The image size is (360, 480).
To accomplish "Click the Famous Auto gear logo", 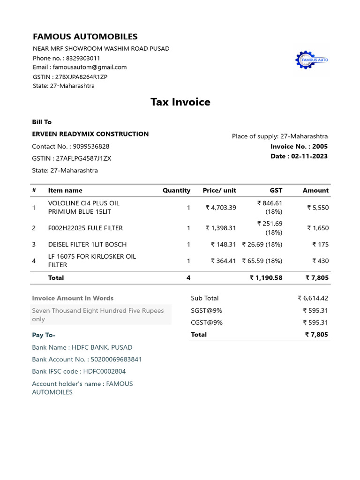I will coord(312,60).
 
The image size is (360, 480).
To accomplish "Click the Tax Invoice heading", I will coord(180,102).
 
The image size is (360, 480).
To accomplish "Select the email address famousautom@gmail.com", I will coord(89,67).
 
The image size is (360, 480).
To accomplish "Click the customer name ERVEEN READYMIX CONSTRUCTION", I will coord(90,134).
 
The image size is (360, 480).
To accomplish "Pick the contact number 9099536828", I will coord(91,146).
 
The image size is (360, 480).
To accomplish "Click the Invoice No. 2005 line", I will coord(299,146).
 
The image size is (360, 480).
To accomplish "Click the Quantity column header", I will coord(176,190).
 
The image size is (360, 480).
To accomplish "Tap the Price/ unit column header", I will coord(219,190).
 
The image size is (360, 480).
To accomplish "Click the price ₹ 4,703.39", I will coord(221,207).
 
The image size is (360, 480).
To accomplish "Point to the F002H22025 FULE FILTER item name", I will coord(85,228).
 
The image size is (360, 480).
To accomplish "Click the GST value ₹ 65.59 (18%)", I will coord(262,261).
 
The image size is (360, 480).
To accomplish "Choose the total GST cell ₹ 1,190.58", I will coord(266,277).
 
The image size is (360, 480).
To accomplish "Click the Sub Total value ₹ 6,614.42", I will coord(313,298).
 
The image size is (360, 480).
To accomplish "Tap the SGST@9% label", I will coord(206,310).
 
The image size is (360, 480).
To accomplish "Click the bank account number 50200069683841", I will coord(114,359).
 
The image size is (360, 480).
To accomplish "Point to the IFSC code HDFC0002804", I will coord(104,371).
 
